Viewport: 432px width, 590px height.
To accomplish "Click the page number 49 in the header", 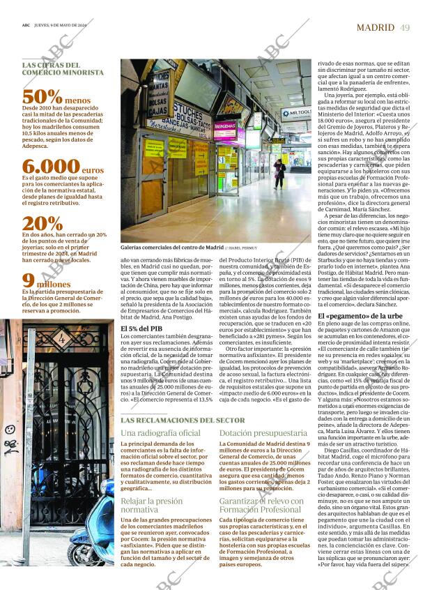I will click(x=405, y=27).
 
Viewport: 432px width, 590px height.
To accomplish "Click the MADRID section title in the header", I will click(x=376, y=27).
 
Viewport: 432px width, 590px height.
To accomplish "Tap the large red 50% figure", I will click(x=43, y=97).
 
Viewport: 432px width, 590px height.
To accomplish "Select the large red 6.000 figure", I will click(x=51, y=166).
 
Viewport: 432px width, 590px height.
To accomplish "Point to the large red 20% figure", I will click(x=43, y=224).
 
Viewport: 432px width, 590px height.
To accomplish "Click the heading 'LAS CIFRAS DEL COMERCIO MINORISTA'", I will click(x=63, y=68).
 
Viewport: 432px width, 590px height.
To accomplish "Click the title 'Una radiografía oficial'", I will click(x=160, y=433).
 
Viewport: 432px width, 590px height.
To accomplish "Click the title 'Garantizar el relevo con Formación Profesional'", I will click(x=261, y=506).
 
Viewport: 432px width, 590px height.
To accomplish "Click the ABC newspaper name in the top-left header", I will click(x=26, y=27).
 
